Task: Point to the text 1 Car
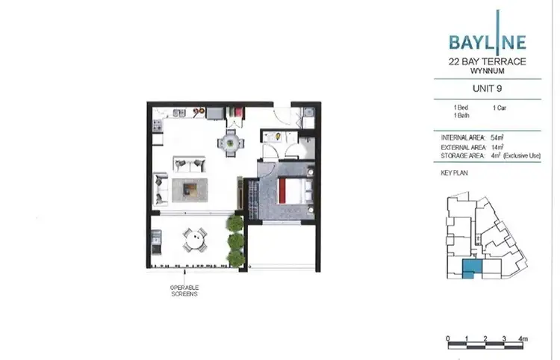[x=500, y=109]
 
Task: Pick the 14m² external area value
[x=498, y=148]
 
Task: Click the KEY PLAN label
[x=454, y=173]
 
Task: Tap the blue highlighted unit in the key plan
[x=472, y=270]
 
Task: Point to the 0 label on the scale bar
[x=448, y=339]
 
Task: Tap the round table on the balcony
[x=193, y=240]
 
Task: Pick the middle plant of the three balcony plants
[x=236, y=240]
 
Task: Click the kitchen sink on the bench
[x=178, y=112]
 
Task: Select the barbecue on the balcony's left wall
[x=156, y=240]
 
